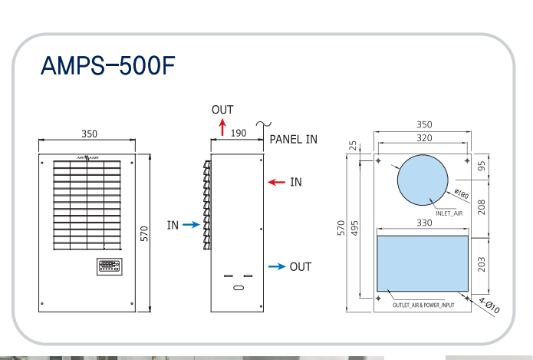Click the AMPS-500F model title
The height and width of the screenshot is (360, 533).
(108, 67)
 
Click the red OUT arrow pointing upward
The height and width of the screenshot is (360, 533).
(222, 127)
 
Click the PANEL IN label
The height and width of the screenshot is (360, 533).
(294, 140)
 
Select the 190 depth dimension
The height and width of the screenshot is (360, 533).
(239, 133)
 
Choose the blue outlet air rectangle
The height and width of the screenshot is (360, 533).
(423, 263)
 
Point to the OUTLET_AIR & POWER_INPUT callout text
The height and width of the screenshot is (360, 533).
(424, 306)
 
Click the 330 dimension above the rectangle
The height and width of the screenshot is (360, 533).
(423, 223)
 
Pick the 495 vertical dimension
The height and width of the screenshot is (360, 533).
(355, 228)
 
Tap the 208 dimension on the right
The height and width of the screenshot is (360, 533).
(482, 206)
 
